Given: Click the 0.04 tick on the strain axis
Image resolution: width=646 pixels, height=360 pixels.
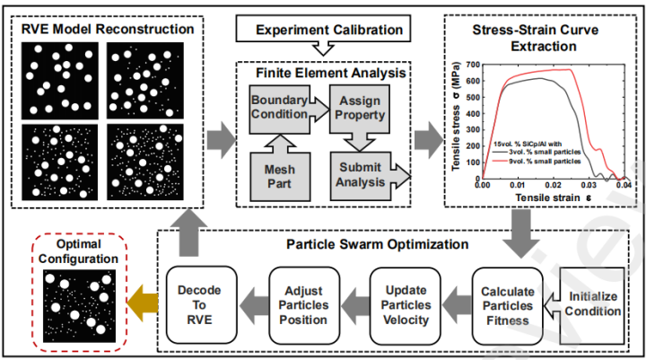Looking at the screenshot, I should (624, 184).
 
